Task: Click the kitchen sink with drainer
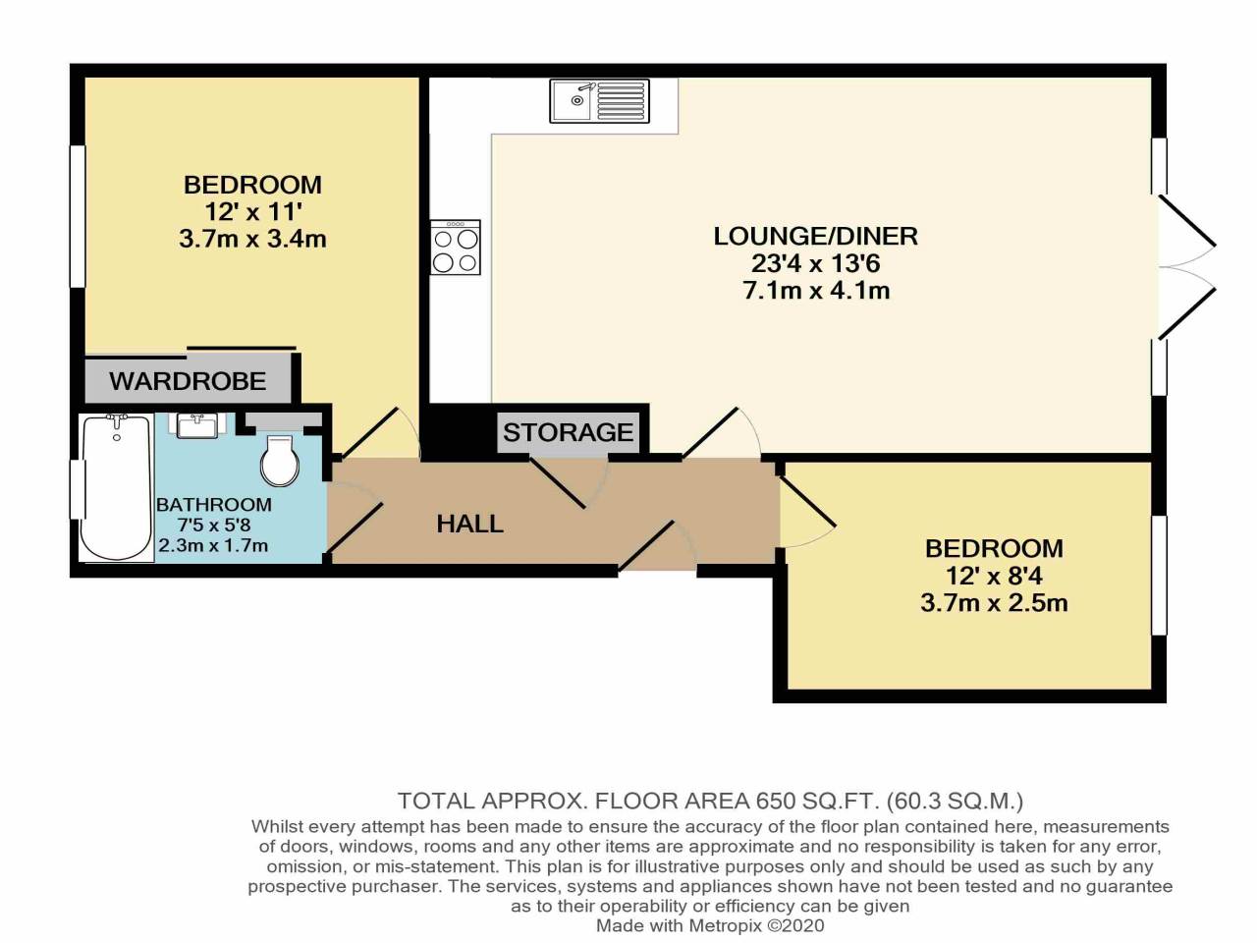tap(599, 101)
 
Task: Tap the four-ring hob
tap(456, 248)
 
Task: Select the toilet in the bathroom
tap(281, 460)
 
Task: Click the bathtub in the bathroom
tap(116, 487)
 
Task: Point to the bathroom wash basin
tap(200, 426)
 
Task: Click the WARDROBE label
tap(188, 381)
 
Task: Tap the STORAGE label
tap(568, 432)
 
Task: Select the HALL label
tap(469, 524)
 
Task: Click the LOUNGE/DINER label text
tap(815, 236)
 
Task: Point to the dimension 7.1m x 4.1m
tap(815, 291)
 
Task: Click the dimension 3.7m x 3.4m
tap(252, 239)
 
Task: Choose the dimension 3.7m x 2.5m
tap(993, 603)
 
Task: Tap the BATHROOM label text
tap(213, 505)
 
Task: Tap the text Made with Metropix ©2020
tap(709, 925)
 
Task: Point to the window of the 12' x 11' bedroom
tap(77, 216)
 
